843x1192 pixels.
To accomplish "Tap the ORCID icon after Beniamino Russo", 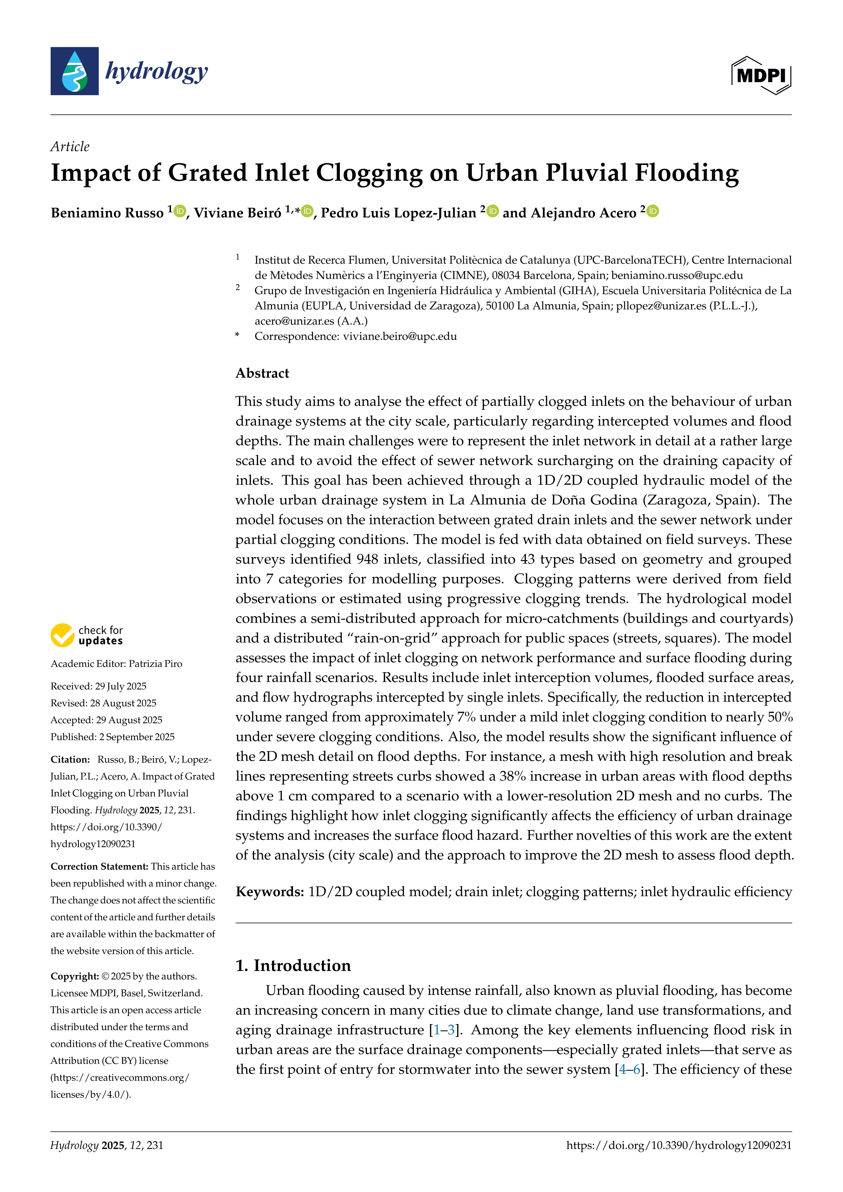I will pos(179,211).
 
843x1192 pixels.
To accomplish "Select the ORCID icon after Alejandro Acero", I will pos(653,211).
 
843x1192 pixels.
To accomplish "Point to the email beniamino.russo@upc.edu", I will pos(677,275).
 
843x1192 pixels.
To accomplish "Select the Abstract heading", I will pos(262,373).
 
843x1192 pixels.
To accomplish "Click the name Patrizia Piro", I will pos(155,663).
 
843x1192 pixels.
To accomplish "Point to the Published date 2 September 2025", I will pos(137,737).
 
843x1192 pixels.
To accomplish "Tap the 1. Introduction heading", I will pos(293,965).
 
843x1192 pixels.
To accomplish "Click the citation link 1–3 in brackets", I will pos(444,1030).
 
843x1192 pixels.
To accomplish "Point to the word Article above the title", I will pos(70,146).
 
